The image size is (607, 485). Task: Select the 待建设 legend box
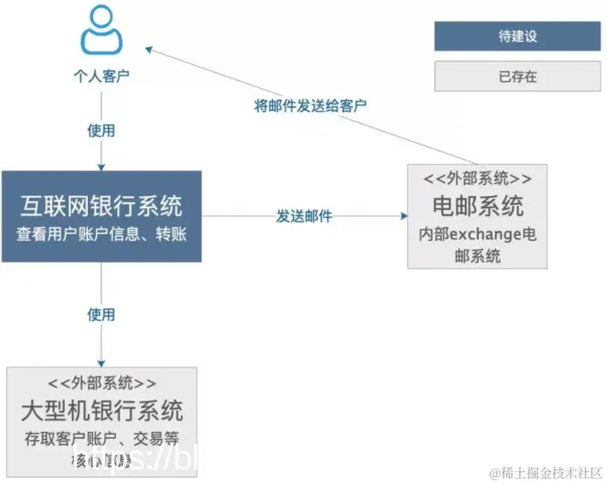[517, 37]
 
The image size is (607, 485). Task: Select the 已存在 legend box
[517, 76]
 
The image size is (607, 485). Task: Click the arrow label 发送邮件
[303, 216]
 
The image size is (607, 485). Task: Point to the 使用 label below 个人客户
[101, 131]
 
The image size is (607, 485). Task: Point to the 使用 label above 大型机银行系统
[101, 314]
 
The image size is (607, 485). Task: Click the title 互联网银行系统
[101, 206]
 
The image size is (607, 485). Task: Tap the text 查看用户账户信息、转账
[101, 233]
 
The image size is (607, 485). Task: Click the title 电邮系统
[477, 206]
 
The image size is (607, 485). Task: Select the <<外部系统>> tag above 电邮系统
[477, 178]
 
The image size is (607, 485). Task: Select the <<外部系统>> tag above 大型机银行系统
[101, 383]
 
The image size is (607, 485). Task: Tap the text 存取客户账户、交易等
[101, 439]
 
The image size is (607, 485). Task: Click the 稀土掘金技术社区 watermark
[546, 472]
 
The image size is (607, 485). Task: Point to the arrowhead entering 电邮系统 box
[402, 216]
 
